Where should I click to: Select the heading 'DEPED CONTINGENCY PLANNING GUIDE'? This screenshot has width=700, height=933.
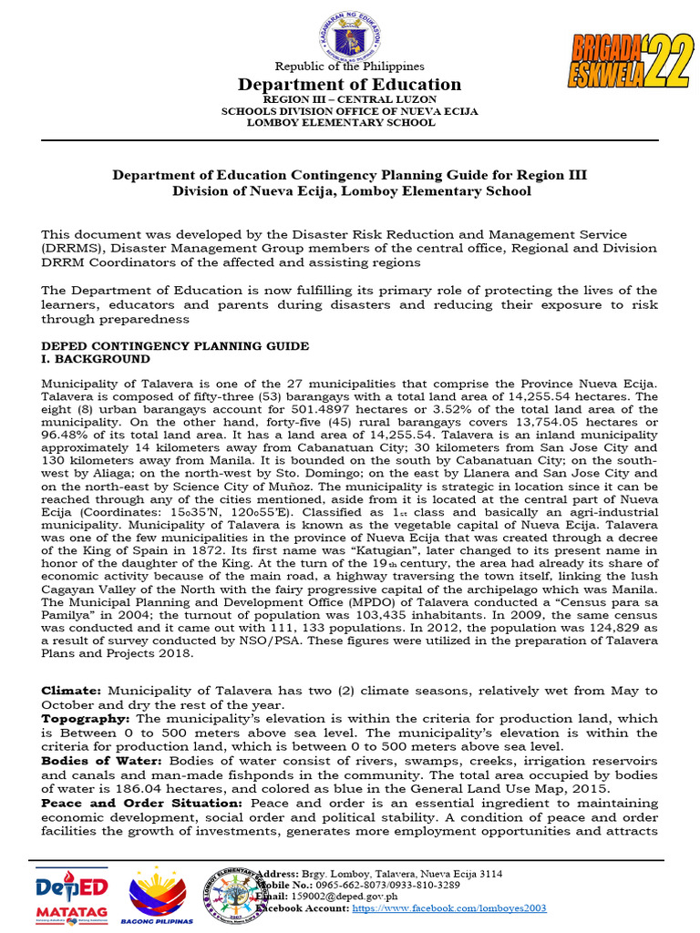tap(175, 346)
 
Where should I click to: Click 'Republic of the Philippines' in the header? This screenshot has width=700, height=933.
tap(350, 67)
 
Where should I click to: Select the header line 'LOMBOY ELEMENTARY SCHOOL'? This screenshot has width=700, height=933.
tap(350, 122)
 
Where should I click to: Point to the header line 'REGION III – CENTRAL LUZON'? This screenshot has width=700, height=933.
tap(350, 98)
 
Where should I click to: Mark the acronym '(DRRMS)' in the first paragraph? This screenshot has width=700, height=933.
tap(71, 248)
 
